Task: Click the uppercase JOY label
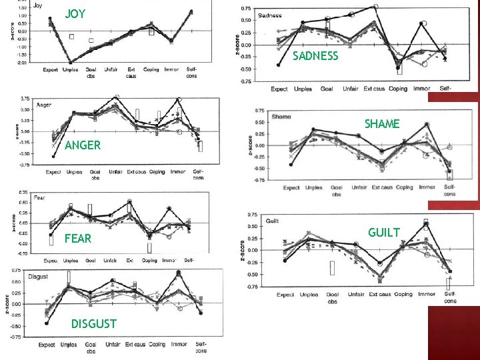point(75,14)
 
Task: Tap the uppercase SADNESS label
point(315,56)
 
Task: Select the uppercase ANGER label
point(83,145)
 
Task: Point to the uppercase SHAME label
point(382,124)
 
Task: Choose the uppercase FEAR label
point(77,238)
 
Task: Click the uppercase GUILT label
point(383,232)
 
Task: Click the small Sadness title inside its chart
point(270,15)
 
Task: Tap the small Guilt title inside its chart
point(273,221)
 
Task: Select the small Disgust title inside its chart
point(39,277)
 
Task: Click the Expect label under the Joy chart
point(50,69)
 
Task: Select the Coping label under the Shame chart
point(404,187)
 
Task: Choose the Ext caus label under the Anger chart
point(135,171)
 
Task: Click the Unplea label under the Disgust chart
point(69,345)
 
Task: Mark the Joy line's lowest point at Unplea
point(71,63)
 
